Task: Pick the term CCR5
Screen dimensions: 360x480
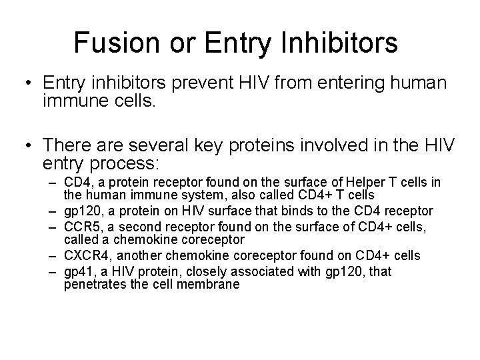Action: coord(79,227)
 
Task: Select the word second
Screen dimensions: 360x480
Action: coord(133,227)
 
